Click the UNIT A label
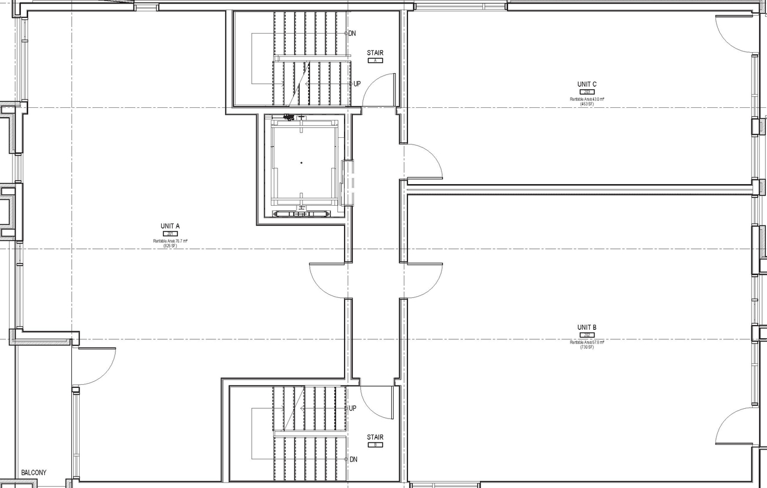coord(170,226)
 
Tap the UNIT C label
coord(587,85)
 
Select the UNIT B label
coord(587,327)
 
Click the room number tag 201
coord(170,234)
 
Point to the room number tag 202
coord(587,335)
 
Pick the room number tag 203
coord(587,92)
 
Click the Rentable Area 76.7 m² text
coord(170,241)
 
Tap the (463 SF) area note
coord(587,104)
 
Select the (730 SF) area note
coord(587,347)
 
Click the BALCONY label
coord(34,472)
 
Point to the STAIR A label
coord(375,53)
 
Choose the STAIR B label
coord(375,437)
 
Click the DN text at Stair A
coord(352,34)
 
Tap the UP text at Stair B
coord(352,408)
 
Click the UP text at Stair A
coord(357,84)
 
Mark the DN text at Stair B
coord(353,459)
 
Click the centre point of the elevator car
coord(301,162)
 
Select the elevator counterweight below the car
coord(301,213)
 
